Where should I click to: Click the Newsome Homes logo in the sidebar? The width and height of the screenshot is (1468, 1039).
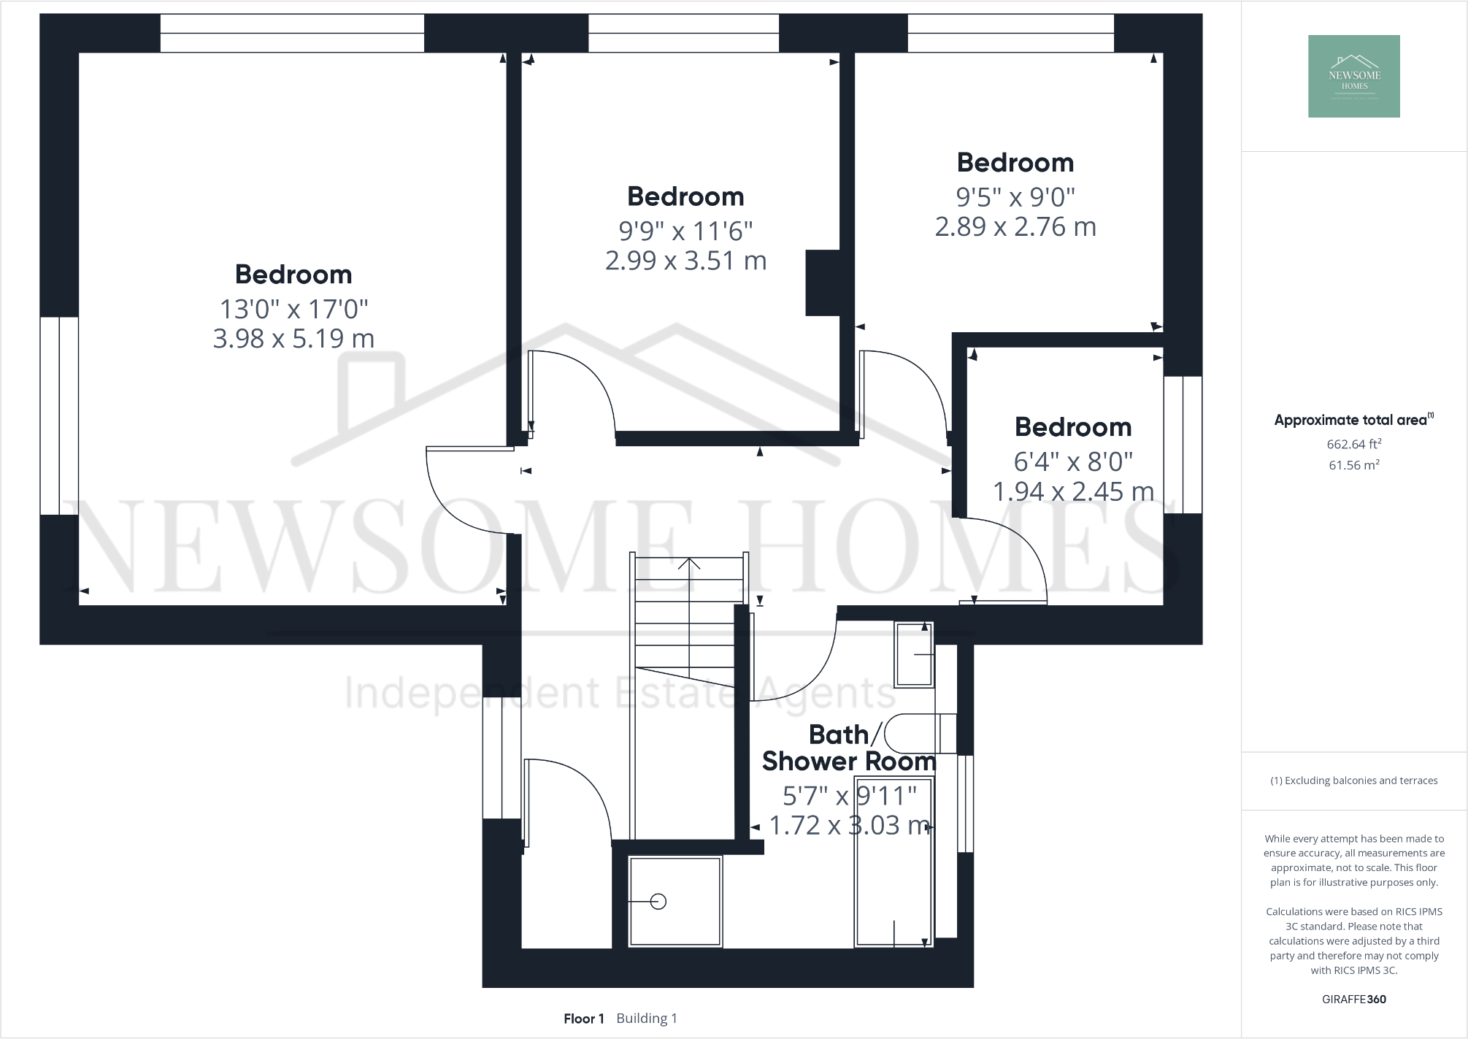tap(1353, 76)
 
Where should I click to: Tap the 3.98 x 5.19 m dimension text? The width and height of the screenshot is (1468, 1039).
tap(293, 339)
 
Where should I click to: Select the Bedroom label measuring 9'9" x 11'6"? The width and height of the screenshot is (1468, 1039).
tap(685, 196)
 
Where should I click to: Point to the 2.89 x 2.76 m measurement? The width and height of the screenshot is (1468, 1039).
tap(1015, 227)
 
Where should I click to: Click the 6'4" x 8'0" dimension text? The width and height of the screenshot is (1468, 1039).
tap(1073, 461)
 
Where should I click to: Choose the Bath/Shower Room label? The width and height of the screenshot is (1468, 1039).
tap(848, 748)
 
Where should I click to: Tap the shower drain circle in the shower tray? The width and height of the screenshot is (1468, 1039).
tap(658, 902)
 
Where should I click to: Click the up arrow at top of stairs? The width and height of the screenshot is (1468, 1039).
tap(689, 564)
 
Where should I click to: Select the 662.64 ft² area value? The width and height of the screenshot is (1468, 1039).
tap(1353, 444)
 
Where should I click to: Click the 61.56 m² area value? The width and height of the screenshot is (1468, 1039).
tap(1353, 465)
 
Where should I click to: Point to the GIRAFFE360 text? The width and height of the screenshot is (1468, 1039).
tap(1353, 999)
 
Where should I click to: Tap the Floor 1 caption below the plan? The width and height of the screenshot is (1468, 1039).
tap(583, 1019)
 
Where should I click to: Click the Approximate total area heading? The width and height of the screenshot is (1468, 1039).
tap(1352, 420)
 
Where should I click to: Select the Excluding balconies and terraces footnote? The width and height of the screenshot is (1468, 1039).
tap(1353, 781)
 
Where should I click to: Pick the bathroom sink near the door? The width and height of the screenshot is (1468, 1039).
tap(914, 655)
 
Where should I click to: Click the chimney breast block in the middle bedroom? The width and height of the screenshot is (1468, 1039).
tap(822, 283)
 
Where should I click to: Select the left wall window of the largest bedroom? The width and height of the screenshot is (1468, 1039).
tap(59, 415)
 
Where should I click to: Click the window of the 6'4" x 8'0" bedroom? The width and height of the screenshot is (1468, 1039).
tap(1183, 445)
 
